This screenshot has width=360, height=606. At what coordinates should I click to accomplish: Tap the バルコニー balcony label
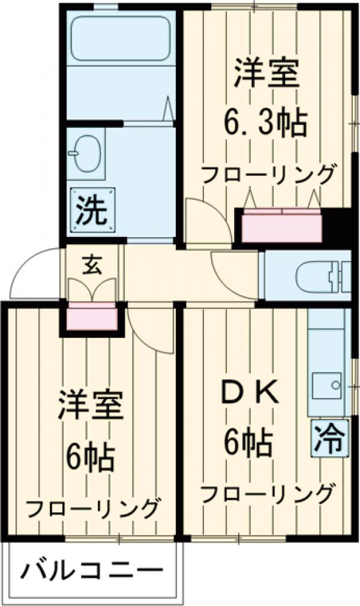pyautogui.click(x=93, y=569)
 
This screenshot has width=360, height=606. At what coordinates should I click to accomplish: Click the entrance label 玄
pyautogui.click(x=92, y=264)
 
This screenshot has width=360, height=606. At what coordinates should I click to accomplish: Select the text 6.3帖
pyautogui.click(x=266, y=124)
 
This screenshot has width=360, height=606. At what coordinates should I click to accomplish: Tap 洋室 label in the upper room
pyautogui.click(x=266, y=74)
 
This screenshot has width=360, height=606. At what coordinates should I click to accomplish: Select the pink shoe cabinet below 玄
pyautogui.click(x=92, y=317)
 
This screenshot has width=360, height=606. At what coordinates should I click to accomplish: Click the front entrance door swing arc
pyautogui.click(x=33, y=273)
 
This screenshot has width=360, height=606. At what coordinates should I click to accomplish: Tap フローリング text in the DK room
pyautogui.click(x=266, y=494)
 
